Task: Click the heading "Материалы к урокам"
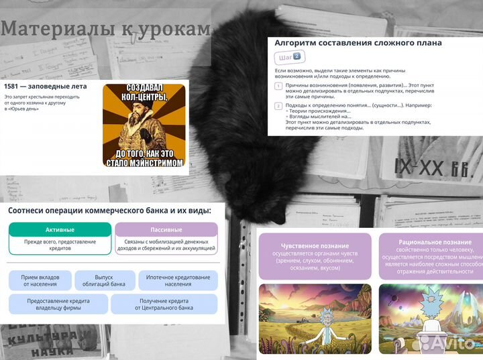point(106,29)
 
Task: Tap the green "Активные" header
point(60,229)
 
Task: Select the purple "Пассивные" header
point(166,229)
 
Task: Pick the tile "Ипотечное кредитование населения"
point(178,280)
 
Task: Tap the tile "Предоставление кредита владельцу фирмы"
point(58,304)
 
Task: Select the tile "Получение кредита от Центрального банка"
point(164,304)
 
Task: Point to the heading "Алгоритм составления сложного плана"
point(358,42)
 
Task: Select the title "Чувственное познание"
point(314,243)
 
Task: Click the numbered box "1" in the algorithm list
point(278,86)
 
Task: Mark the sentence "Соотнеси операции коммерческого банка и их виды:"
point(109,211)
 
